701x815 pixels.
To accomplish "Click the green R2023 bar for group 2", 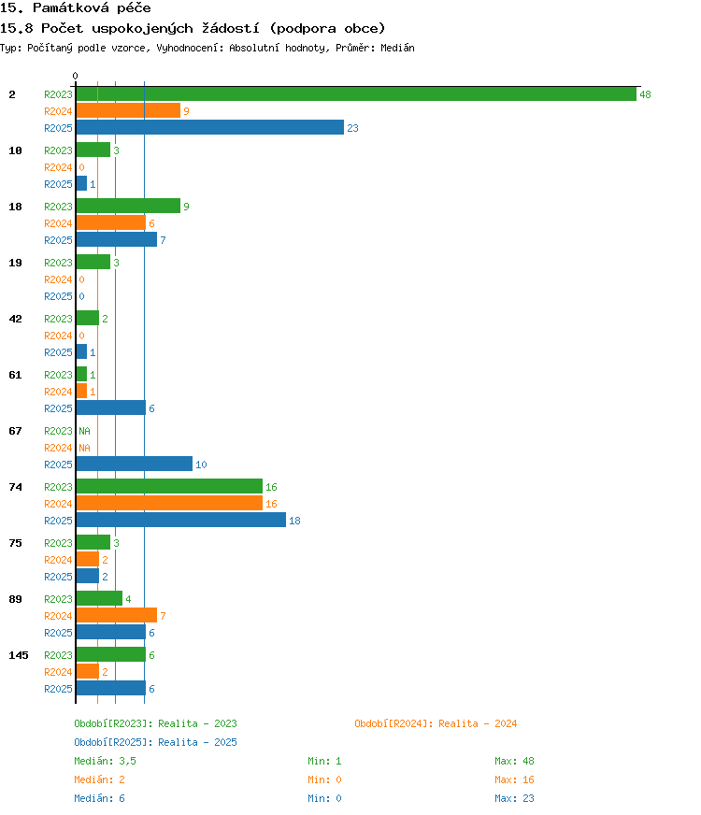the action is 356,94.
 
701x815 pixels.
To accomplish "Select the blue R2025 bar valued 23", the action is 210,127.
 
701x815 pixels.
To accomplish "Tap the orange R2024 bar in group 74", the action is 169,503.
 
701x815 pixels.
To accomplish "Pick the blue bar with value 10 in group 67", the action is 134,464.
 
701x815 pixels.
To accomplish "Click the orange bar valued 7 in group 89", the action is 117,615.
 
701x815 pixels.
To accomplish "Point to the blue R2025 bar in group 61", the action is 110,408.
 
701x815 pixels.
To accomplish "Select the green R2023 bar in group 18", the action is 128,206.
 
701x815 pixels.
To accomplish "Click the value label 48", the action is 645,94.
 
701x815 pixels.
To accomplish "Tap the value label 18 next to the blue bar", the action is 294,521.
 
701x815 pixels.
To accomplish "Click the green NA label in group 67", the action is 84,431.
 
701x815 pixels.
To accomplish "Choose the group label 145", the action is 19,655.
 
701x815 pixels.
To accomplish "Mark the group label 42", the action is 16,319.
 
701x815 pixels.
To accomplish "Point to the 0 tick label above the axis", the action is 76,77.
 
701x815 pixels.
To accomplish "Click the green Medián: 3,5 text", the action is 105,761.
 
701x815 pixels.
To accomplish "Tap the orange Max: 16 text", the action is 514,779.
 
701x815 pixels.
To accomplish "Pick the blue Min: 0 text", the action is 324,798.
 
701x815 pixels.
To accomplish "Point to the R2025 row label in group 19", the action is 58,296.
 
